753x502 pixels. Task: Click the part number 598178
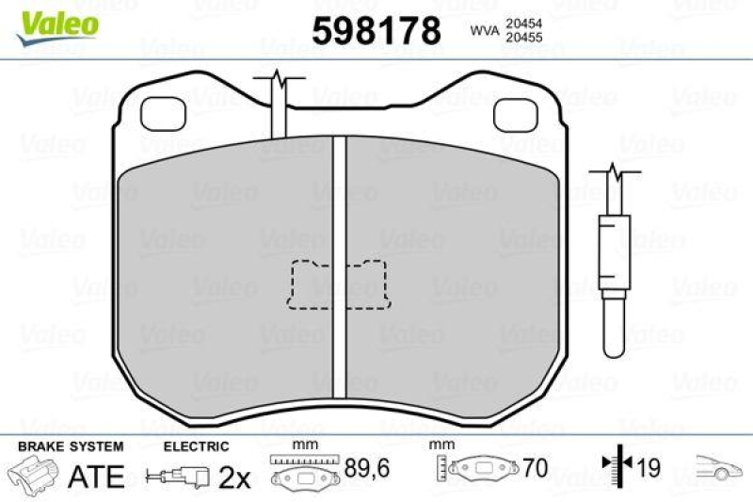pyautogui.click(x=376, y=30)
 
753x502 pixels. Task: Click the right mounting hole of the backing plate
pyautogui.click(x=514, y=114)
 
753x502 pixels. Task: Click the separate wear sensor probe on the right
pyautogui.click(x=613, y=273)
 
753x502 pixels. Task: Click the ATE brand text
pyautogui.click(x=96, y=476)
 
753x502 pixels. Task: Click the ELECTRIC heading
pyautogui.click(x=196, y=445)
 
